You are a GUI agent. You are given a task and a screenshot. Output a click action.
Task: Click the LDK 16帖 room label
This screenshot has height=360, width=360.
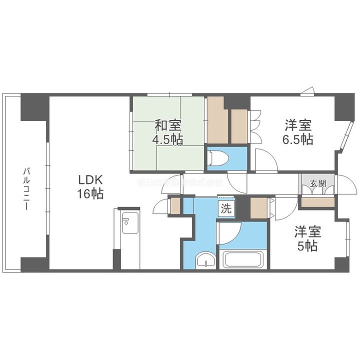click(x=90, y=186)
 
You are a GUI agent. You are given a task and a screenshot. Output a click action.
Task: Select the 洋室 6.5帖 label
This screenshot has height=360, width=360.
click(x=299, y=131)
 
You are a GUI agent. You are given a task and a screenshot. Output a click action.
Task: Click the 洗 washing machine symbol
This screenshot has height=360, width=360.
click(x=226, y=209)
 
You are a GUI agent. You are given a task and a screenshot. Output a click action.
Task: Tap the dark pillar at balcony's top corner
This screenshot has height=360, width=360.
click(x=34, y=106)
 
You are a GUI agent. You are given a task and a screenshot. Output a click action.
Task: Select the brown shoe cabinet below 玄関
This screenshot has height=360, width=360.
click(x=318, y=202)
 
